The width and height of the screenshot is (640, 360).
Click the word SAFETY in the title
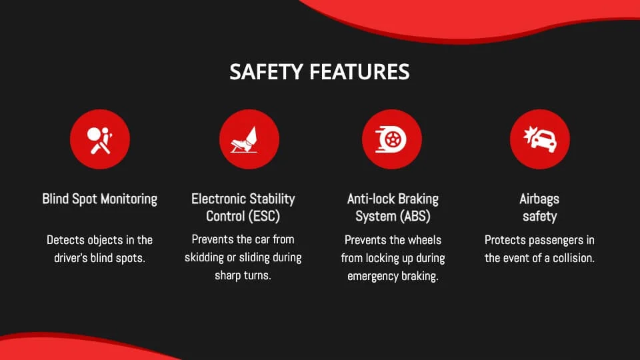pos(266,72)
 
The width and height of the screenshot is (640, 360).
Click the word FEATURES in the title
pos(359,72)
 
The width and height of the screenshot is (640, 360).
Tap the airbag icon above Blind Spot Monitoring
pos(100,139)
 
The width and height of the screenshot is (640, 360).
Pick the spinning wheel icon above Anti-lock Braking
pos(392,139)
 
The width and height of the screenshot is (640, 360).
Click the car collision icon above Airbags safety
pos(540,139)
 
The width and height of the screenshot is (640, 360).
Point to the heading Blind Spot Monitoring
pos(99,199)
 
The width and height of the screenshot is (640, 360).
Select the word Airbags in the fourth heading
pos(539,199)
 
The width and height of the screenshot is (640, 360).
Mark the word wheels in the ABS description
pos(425,240)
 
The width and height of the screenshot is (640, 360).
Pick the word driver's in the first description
pos(71,258)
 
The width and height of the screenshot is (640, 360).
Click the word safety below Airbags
pos(539,217)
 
